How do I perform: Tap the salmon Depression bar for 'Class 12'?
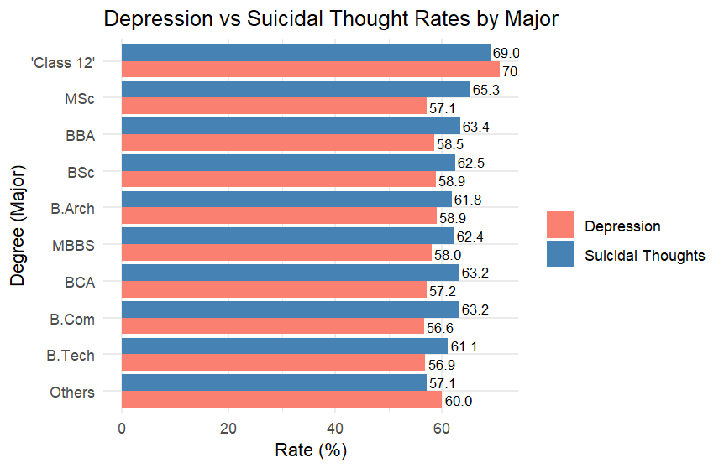pyautogui.click(x=311, y=70)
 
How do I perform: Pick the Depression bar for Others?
pyautogui.click(x=281, y=400)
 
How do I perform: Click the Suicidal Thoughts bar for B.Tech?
pyautogui.click(x=285, y=346)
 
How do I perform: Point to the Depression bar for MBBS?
pyautogui.click(x=276, y=254)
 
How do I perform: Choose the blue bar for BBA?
pyautogui.click(x=291, y=127)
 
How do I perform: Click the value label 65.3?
pyautogui.click(x=485, y=88)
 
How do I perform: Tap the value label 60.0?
pyautogui.click(x=459, y=401)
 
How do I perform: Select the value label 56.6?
pyautogui.click(x=440, y=327)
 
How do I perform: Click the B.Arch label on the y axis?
pyautogui.click(x=72, y=209)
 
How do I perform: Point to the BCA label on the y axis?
pyautogui.click(x=80, y=283)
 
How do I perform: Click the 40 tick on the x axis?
pyautogui.click(x=335, y=429)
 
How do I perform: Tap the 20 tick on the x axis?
pyautogui.click(x=228, y=429)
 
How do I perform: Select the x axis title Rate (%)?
pyautogui.click(x=311, y=450)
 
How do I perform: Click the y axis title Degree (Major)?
pyautogui.click(x=18, y=226)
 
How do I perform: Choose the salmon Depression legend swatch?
pyautogui.click(x=559, y=226)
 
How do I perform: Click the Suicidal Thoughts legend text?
pyautogui.click(x=644, y=255)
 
